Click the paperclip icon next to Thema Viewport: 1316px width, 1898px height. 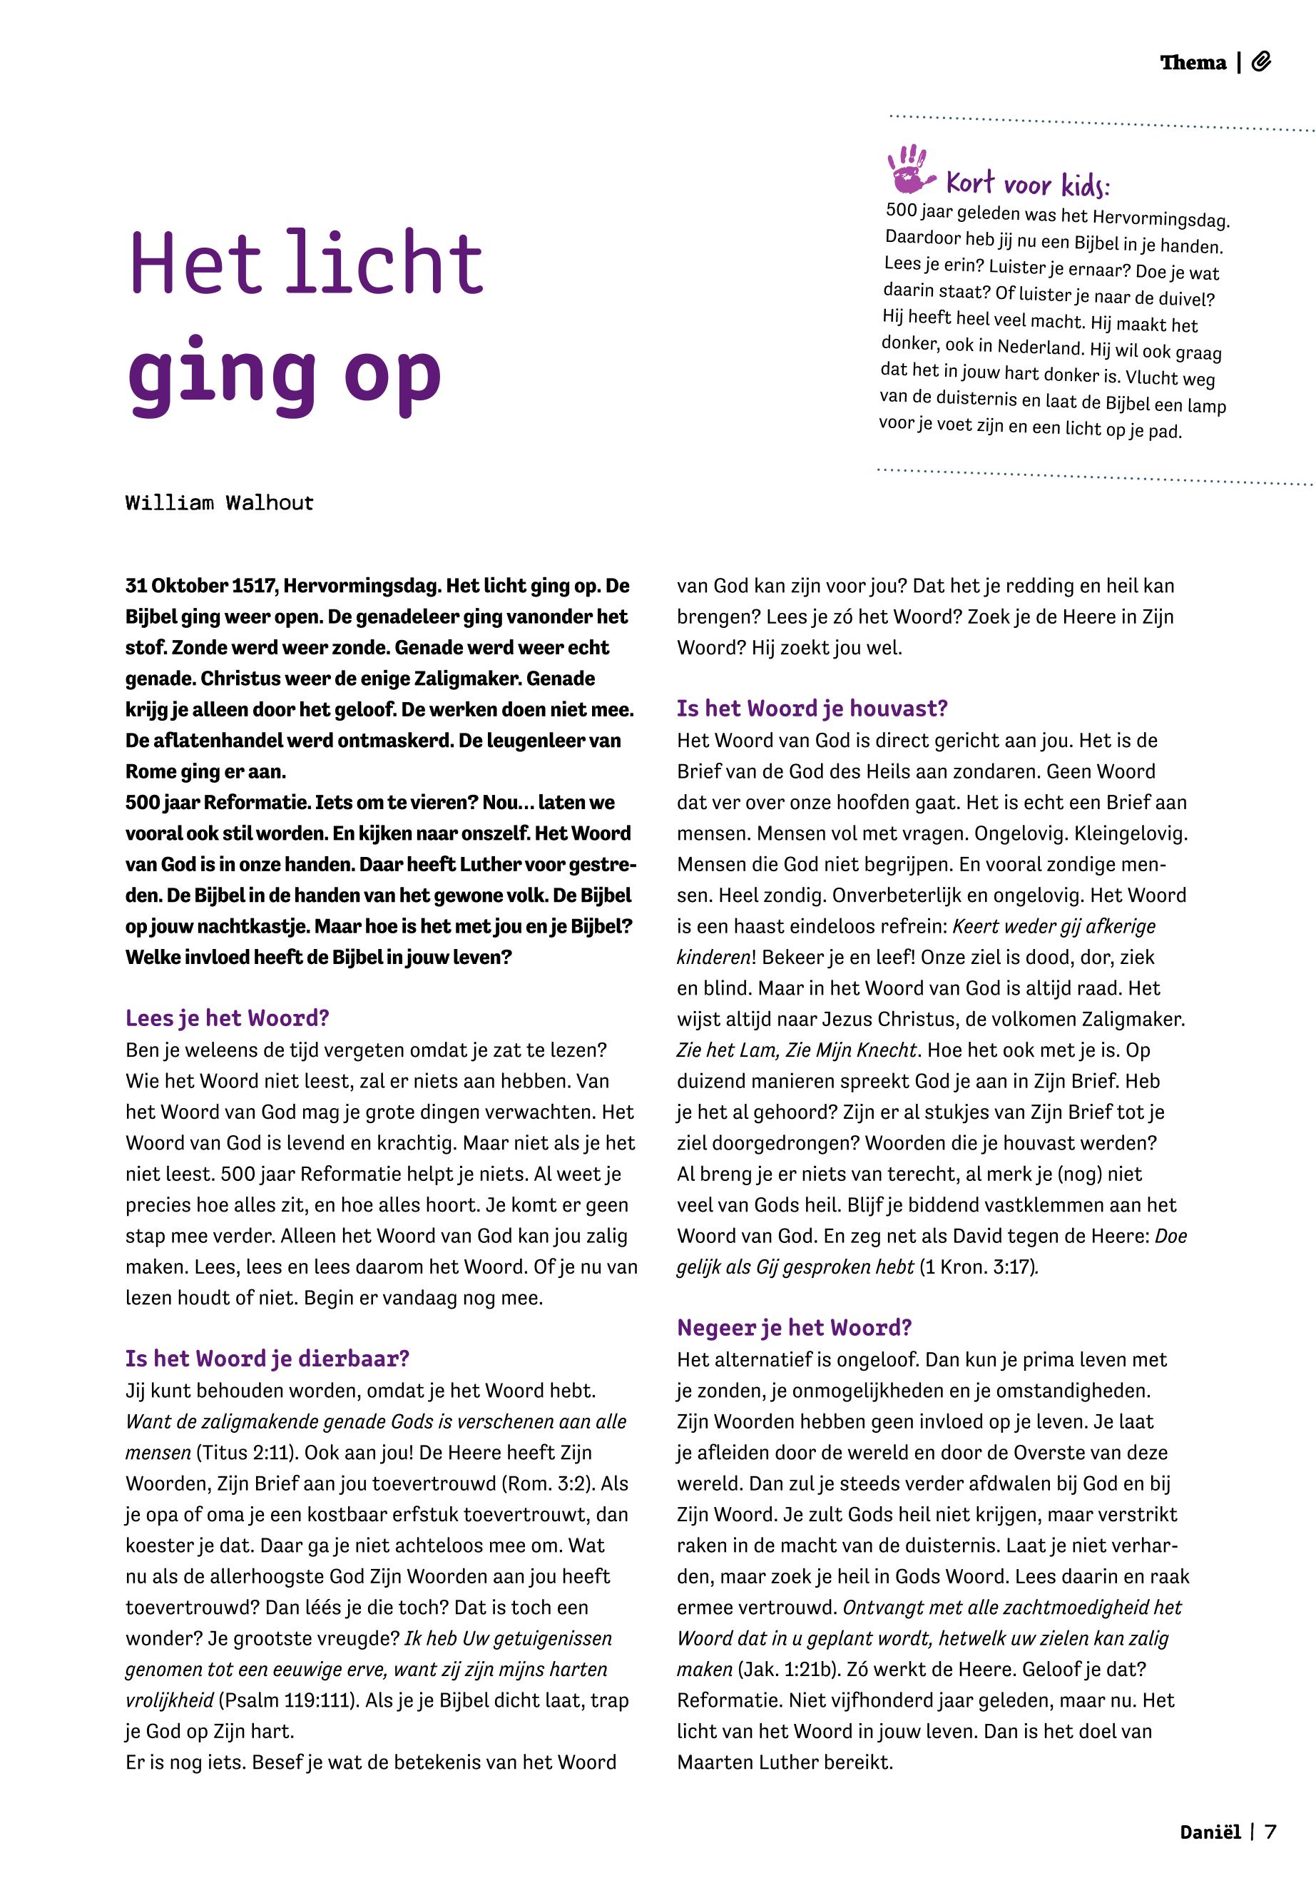[x=1261, y=62]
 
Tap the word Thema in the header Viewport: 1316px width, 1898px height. [x=1193, y=63]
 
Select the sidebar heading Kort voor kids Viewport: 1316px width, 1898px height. [x=1027, y=183]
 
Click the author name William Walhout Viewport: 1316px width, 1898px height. [x=220, y=502]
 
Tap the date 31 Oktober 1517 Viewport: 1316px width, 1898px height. [x=200, y=586]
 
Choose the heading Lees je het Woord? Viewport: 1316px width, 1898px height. [x=227, y=1018]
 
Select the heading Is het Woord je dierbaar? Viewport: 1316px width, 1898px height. [x=267, y=1359]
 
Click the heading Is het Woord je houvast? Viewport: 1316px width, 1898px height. [x=812, y=708]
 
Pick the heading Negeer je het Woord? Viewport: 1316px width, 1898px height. [x=794, y=1327]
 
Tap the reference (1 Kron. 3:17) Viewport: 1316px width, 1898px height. [x=977, y=1266]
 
